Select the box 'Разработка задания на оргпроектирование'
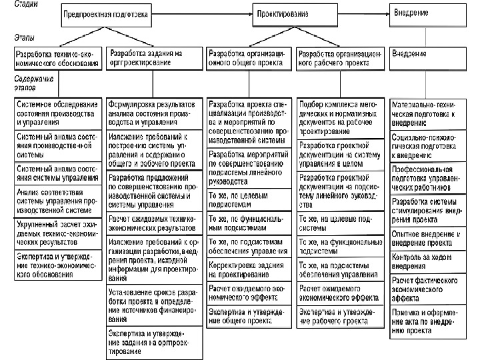[x=154, y=57]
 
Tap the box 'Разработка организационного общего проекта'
[x=249, y=57]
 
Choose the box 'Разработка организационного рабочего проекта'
[x=340, y=57]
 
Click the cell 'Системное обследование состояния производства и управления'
[x=56, y=113]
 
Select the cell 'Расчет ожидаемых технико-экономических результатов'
[x=154, y=224]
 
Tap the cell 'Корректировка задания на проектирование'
[x=249, y=269]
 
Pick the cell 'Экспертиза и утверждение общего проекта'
[x=249, y=316]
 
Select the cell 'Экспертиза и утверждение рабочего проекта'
[x=340, y=316]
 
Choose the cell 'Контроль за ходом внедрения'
[x=427, y=261]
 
